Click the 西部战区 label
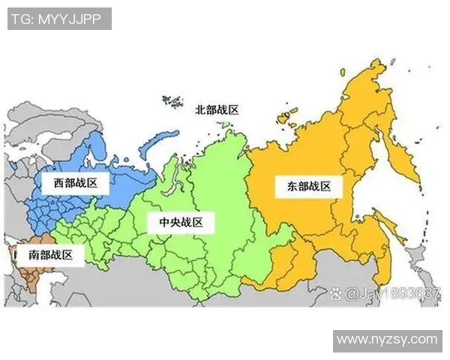coord(76,182)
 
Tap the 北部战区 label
coord(217,109)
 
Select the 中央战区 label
coord(181,222)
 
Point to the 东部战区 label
coord(308,187)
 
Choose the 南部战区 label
coord(51,254)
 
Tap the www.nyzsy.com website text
coord(387,340)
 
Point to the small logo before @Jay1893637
coord(336,294)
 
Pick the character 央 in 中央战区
coord(174,222)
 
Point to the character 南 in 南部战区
coord(34,254)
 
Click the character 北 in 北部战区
coord(200,109)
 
